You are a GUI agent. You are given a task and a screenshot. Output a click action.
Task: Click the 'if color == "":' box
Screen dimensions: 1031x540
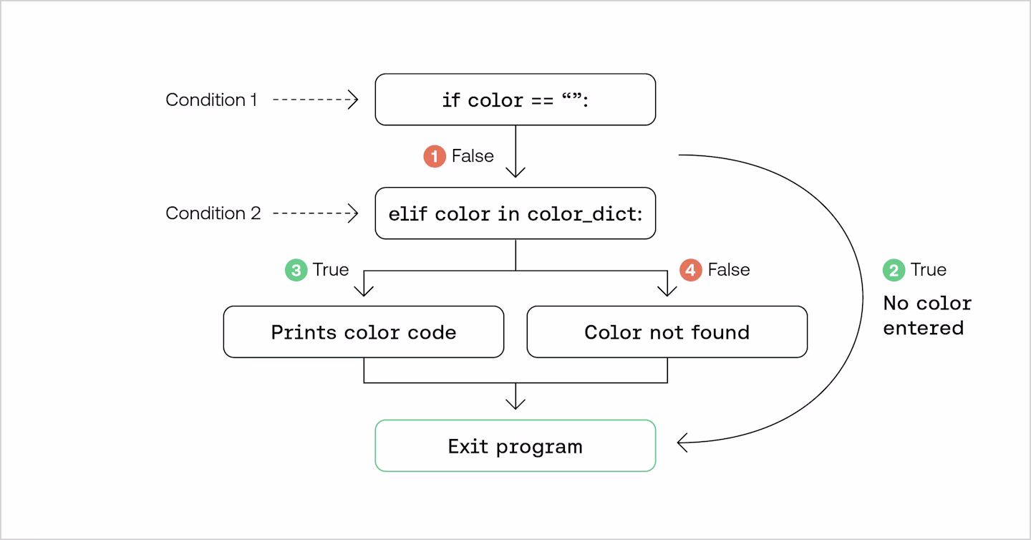(515, 100)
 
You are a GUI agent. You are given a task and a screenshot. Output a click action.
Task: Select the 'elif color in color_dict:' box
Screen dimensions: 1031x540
(515, 213)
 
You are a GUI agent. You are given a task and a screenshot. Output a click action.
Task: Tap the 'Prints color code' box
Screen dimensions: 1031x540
(364, 332)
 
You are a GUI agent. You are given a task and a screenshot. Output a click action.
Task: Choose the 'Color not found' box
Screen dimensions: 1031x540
(667, 332)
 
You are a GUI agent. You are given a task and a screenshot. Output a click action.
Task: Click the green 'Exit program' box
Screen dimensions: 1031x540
(515, 445)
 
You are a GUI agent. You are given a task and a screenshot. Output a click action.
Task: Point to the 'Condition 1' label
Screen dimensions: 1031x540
(211, 100)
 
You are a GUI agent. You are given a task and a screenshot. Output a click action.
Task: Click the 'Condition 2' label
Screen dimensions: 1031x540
(213, 213)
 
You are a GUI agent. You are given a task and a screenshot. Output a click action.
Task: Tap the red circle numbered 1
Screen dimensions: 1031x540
(435, 156)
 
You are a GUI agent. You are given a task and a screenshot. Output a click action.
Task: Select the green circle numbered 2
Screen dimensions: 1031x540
(894, 270)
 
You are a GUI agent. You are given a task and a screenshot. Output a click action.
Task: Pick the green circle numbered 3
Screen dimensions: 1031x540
(296, 270)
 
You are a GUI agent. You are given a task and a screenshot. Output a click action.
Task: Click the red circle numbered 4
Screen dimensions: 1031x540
(691, 270)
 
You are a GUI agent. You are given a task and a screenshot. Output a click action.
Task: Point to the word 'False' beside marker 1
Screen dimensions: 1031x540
(473, 156)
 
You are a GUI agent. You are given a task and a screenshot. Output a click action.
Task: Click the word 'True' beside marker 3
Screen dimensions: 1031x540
(331, 270)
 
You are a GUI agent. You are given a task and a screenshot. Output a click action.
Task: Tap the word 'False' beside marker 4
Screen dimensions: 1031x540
(729, 270)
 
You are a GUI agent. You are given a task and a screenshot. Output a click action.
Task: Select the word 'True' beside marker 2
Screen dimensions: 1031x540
(929, 270)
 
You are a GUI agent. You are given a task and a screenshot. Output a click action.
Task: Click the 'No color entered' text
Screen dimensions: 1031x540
(927, 316)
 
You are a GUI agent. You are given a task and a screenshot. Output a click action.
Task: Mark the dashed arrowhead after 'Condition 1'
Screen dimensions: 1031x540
(353, 100)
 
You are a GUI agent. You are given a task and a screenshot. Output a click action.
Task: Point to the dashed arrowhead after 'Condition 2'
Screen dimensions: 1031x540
(353, 213)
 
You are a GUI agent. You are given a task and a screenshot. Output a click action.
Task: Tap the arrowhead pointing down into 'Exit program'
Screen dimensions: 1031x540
(515, 404)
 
